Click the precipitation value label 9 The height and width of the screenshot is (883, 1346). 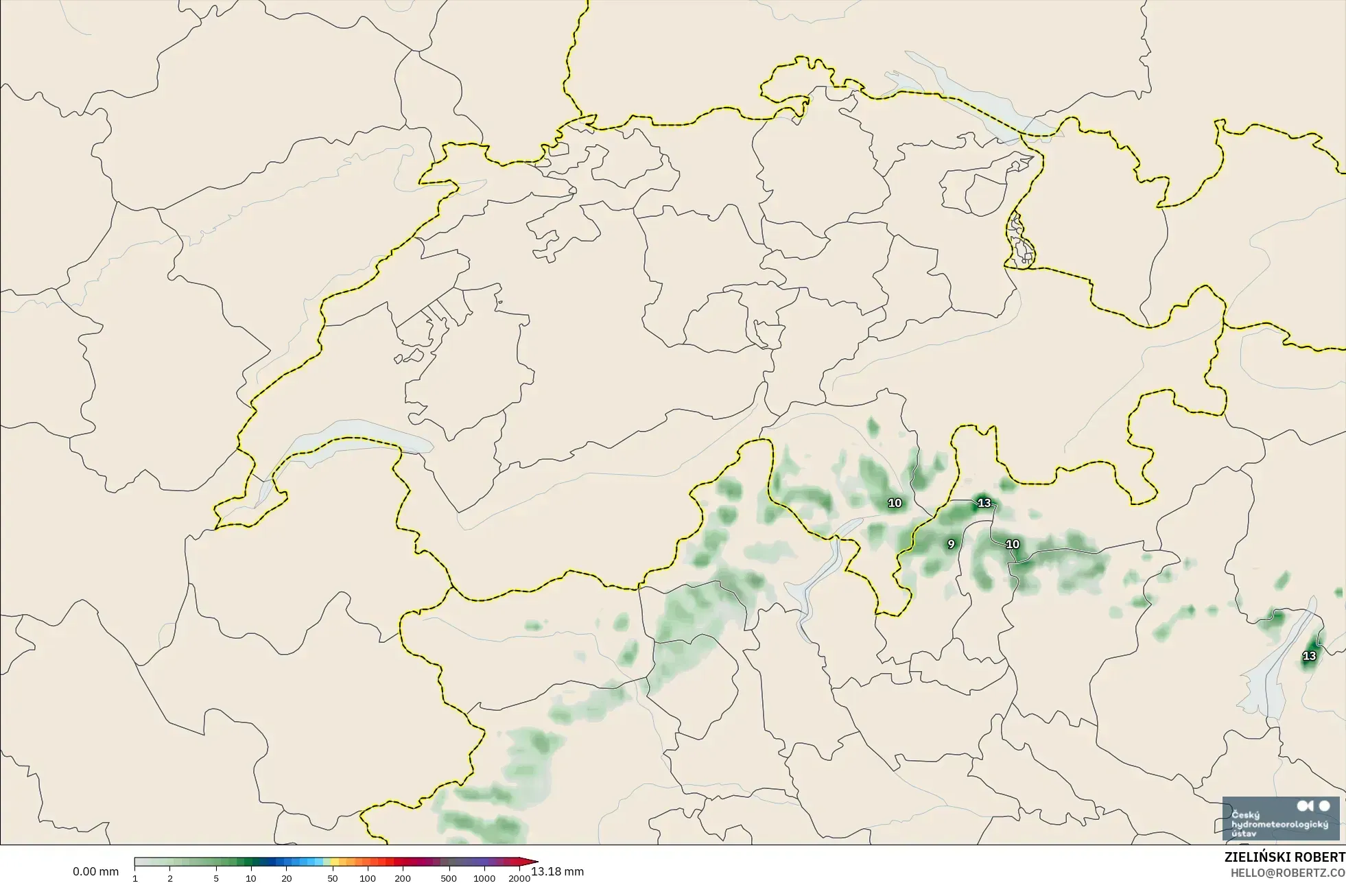click(951, 544)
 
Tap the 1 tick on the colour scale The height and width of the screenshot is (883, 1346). click(135, 878)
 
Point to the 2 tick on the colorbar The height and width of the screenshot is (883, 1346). click(170, 878)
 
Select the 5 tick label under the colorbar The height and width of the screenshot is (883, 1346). click(216, 878)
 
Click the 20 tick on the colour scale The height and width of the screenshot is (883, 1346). click(286, 878)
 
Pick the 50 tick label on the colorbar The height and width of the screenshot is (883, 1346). click(333, 878)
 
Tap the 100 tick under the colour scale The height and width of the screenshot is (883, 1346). click(368, 878)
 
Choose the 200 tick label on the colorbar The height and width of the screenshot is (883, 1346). click(403, 878)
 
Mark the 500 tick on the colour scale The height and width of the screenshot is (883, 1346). click(449, 878)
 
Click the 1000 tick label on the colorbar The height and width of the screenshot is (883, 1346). click(484, 878)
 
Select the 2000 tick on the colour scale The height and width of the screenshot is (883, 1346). click(519, 878)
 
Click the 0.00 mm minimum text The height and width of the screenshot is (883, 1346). click(96, 871)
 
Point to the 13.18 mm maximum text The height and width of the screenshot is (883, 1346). click(558, 871)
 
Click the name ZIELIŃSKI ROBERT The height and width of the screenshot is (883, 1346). click(1285, 857)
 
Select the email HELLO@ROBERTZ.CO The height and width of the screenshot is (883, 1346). click(1288, 873)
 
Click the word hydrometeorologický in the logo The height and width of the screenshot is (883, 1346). click(1280, 824)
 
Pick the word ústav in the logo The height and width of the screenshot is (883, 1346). click(1244, 833)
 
